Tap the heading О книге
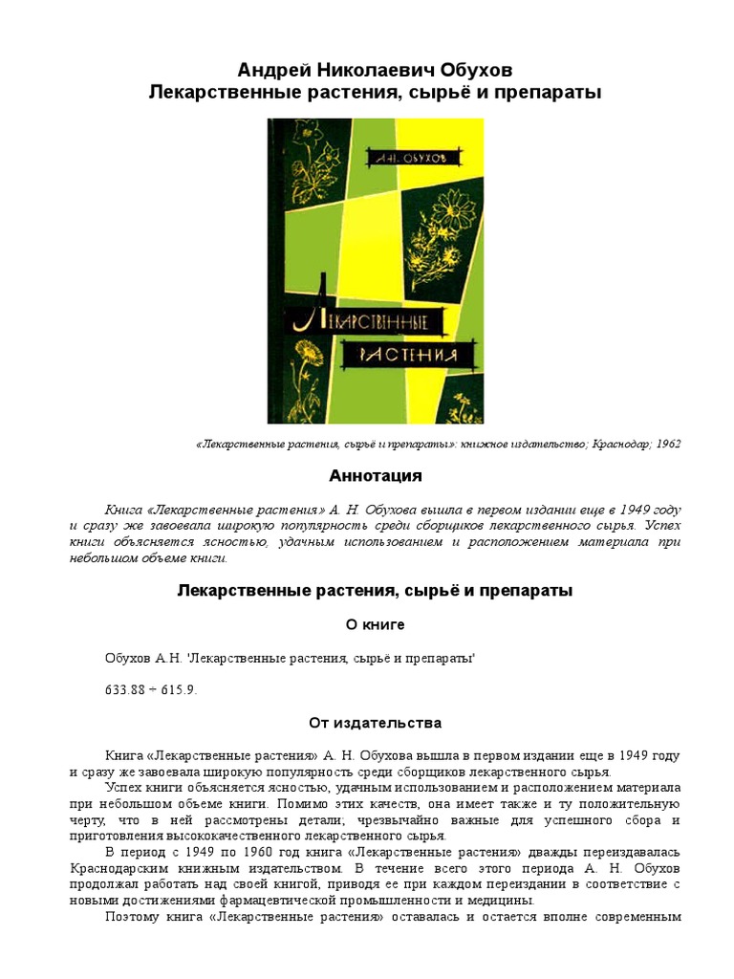pos(375,625)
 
